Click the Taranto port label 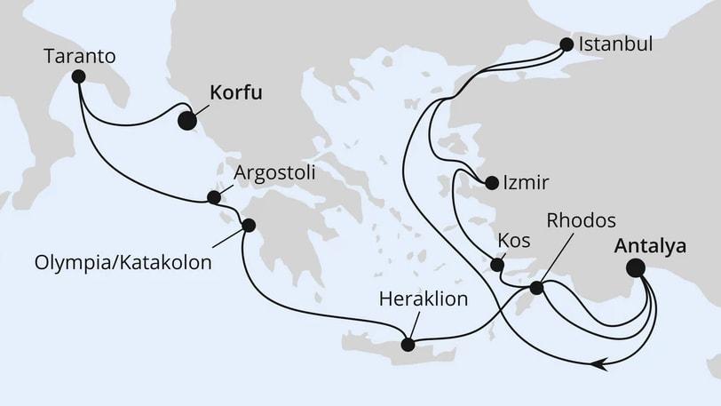80,57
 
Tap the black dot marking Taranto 78,76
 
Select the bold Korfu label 236,92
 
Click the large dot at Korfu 187,121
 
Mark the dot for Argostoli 213,197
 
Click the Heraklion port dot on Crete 408,344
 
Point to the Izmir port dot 491,184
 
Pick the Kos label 516,242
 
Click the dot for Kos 497,263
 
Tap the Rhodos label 582,220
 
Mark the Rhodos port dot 536,288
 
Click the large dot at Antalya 636,267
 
